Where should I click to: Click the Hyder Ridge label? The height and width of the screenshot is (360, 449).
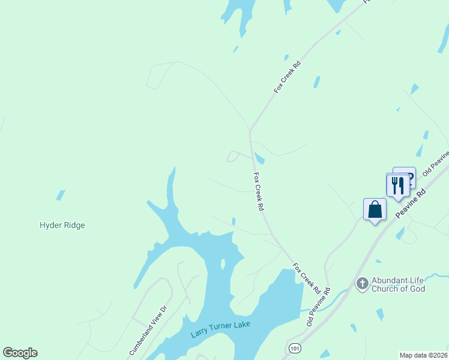(x=62, y=226)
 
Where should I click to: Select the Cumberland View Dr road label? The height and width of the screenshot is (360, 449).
(x=146, y=330)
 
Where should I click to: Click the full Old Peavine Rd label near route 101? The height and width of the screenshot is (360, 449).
(x=318, y=308)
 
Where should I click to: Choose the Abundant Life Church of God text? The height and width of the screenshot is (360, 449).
(x=398, y=284)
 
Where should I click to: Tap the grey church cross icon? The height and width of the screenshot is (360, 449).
(x=362, y=283)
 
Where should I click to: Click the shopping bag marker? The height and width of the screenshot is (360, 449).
(x=375, y=210)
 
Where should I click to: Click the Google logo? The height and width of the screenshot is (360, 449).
(x=20, y=353)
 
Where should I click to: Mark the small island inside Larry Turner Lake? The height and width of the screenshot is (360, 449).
(x=223, y=264)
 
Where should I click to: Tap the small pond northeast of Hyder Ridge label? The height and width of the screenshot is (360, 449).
(x=61, y=195)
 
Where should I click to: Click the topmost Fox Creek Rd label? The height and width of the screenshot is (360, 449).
(x=287, y=76)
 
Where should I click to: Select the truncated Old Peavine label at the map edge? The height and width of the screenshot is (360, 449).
(x=435, y=165)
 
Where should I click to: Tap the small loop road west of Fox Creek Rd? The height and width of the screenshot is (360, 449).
(x=232, y=157)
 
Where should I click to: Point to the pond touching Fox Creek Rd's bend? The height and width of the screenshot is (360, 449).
(x=259, y=158)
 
